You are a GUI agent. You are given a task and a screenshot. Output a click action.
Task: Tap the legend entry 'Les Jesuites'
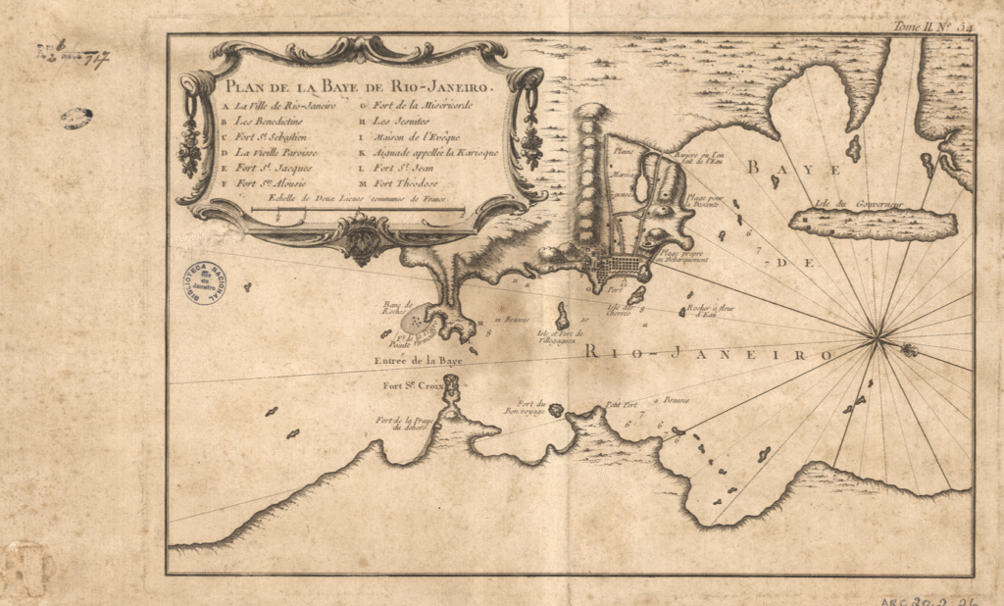[x=403, y=121]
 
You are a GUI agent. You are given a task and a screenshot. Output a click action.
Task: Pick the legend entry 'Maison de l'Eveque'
[x=414, y=137]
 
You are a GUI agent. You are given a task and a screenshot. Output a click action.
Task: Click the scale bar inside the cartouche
[x=357, y=209]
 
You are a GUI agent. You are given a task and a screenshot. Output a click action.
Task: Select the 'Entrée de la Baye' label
[x=418, y=361]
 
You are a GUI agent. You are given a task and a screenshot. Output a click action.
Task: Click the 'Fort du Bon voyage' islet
[x=556, y=410]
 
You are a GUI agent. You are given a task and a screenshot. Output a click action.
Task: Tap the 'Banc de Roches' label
[x=397, y=308]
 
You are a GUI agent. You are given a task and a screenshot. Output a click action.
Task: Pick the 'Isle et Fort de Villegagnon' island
[x=564, y=318]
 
